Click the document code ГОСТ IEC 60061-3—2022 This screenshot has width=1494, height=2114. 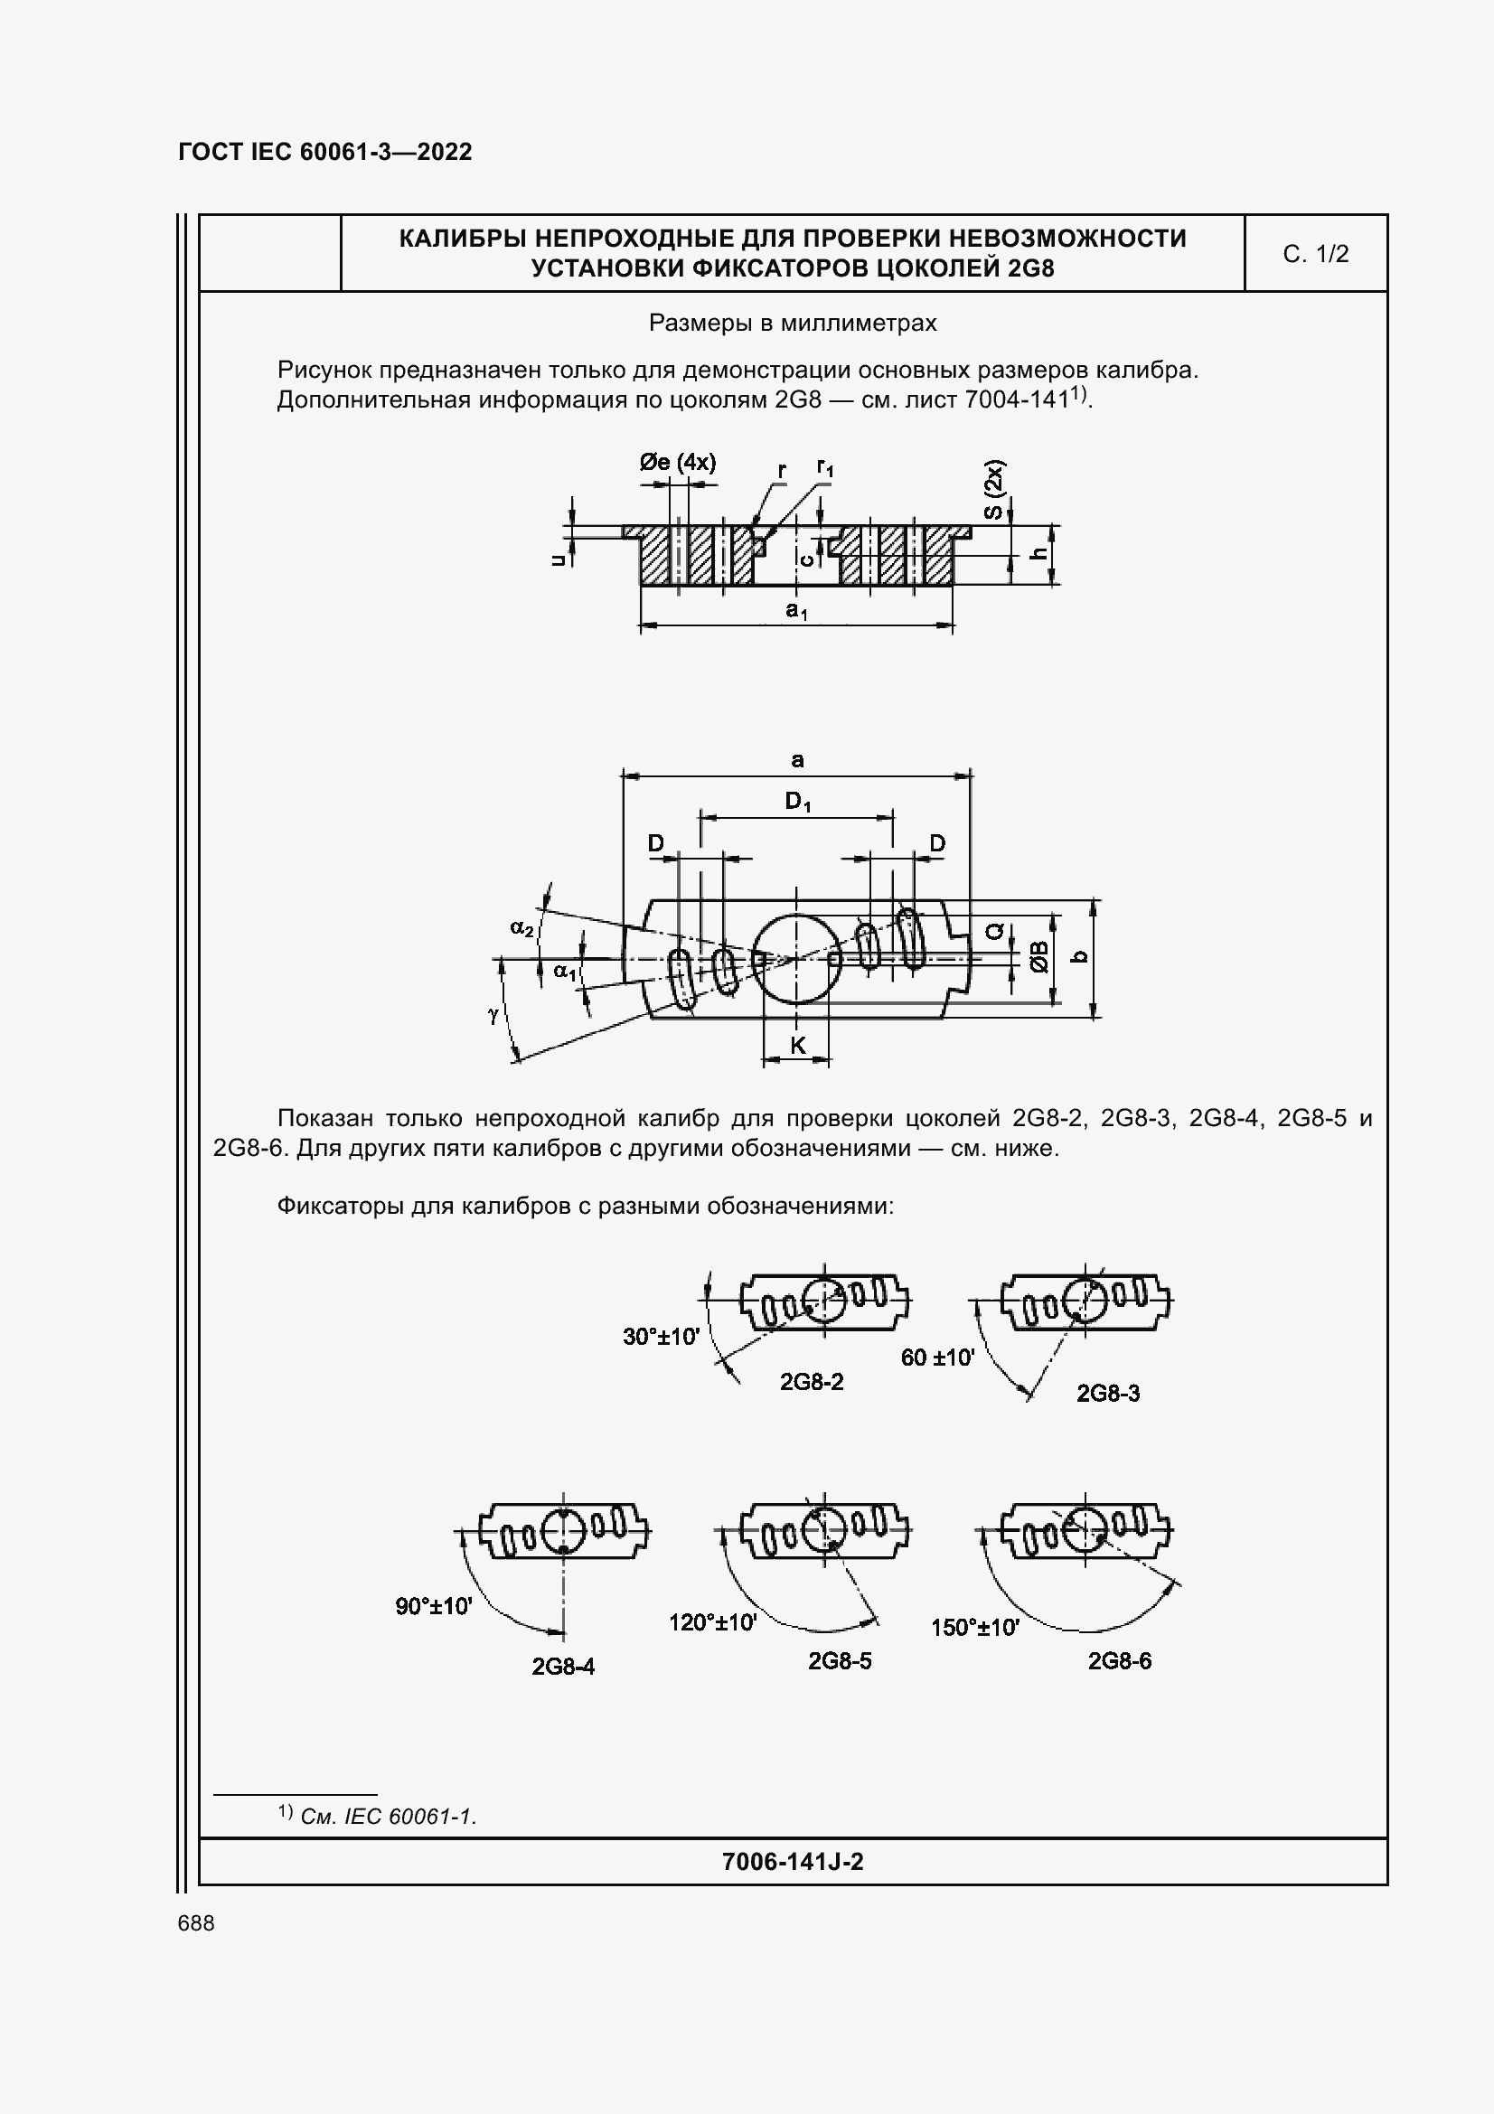(x=324, y=152)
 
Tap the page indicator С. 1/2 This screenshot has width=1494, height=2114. (x=1315, y=254)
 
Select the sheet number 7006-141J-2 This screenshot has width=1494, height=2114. (x=793, y=1862)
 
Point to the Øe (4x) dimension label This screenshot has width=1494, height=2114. (x=678, y=462)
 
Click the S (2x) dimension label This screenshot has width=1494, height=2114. (x=993, y=490)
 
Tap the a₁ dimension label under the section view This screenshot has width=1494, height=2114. (x=796, y=609)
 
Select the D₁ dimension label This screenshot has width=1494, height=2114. (x=797, y=802)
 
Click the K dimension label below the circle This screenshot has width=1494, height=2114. (x=797, y=1045)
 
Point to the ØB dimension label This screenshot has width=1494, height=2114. (x=1039, y=957)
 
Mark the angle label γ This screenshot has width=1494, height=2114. (x=493, y=1015)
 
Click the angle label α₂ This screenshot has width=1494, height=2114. (x=521, y=928)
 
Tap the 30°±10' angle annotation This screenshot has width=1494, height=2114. (x=661, y=1336)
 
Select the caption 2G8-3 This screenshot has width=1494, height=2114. (x=1107, y=1393)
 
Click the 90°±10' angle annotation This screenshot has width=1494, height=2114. (x=434, y=1607)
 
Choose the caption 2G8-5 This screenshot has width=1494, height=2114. (x=840, y=1660)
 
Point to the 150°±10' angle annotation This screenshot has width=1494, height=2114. (x=975, y=1628)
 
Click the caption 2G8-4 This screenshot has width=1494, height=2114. (x=562, y=1667)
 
